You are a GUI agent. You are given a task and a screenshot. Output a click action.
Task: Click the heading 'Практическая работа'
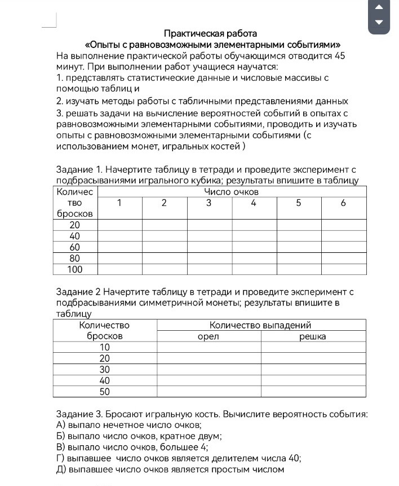210,33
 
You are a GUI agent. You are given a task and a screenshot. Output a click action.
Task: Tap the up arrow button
379,7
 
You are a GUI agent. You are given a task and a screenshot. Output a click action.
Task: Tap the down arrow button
379,22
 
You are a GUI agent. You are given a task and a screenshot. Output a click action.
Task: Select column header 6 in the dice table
343,203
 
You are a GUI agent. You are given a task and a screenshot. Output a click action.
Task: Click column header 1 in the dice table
119,203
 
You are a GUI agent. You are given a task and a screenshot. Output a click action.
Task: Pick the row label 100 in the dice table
75,269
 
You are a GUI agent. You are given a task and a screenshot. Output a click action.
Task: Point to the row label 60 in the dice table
75,247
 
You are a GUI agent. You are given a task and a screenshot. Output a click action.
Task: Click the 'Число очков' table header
232,192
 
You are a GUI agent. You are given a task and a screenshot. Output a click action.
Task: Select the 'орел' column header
209,336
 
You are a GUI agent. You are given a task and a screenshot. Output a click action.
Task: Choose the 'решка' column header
313,336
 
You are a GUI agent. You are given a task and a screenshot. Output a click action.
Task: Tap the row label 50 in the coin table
105,391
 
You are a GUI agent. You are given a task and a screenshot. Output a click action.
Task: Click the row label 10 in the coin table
105,347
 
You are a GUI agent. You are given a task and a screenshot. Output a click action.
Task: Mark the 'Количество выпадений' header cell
260,325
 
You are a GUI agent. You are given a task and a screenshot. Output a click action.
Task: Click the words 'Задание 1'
78,169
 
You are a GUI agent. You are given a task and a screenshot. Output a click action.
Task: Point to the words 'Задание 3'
78,414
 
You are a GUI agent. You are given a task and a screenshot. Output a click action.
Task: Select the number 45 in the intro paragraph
339,56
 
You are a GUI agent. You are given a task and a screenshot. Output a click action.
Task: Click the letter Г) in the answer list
61,458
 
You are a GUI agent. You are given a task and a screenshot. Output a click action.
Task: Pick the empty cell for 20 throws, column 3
209,225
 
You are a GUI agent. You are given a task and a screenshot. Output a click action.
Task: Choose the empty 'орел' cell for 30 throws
209,369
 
